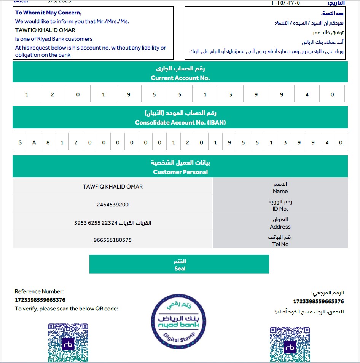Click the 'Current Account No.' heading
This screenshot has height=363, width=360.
[x=180, y=78]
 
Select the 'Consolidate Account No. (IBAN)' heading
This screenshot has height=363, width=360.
[x=180, y=123]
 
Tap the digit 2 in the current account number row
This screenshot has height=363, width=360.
[x=52, y=94]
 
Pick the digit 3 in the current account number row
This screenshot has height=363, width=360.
[x=231, y=94]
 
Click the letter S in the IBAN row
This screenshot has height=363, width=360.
[x=20, y=143]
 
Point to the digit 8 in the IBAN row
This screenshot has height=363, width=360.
[x=48, y=143]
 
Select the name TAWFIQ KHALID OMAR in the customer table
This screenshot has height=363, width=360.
[x=113, y=187]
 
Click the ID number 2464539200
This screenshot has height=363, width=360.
[x=113, y=205]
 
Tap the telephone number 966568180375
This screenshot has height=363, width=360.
[x=113, y=240]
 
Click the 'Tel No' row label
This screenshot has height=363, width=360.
[x=280, y=244]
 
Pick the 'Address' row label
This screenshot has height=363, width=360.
[x=280, y=227]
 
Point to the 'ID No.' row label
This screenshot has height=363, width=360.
[x=280, y=209]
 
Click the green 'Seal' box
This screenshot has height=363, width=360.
[x=179, y=264]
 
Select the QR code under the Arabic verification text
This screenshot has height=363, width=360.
[x=290, y=344]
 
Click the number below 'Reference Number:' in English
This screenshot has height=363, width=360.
[x=40, y=300]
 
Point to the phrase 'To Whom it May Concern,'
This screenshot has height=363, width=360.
[x=48, y=13]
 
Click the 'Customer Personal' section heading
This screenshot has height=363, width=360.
[x=180, y=172]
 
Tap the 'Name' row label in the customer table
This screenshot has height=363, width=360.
[x=280, y=191]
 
